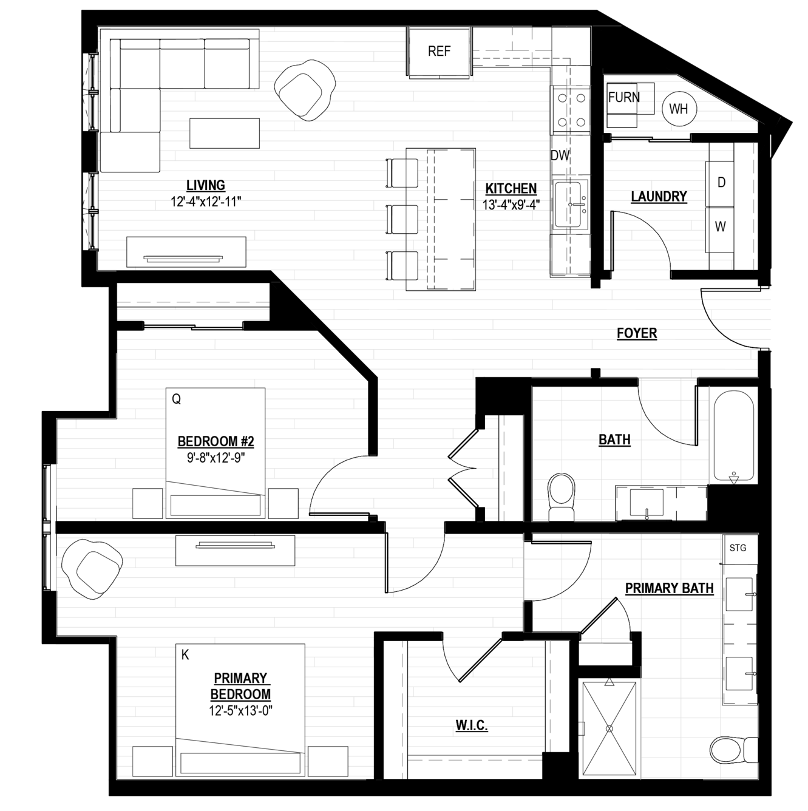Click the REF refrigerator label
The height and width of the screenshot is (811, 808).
point(439,52)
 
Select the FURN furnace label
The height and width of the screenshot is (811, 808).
point(623,98)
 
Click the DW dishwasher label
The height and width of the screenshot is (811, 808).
point(560,156)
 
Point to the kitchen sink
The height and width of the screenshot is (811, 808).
point(571,205)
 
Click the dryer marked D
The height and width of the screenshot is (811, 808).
point(721,183)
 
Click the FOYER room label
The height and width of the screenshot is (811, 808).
point(637,333)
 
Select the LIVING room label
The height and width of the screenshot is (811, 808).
point(205,186)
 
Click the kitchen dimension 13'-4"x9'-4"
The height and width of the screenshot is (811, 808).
point(511,205)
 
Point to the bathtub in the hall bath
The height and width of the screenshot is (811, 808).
point(733,436)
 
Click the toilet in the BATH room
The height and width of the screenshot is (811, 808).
point(562,497)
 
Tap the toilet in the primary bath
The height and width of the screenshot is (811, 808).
point(733,749)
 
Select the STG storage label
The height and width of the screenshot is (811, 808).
point(738,548)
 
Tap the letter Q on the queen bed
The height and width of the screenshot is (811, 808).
point(177,399)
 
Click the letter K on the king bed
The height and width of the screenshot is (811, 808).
point(185,655)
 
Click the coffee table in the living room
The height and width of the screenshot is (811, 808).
point(225,133)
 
